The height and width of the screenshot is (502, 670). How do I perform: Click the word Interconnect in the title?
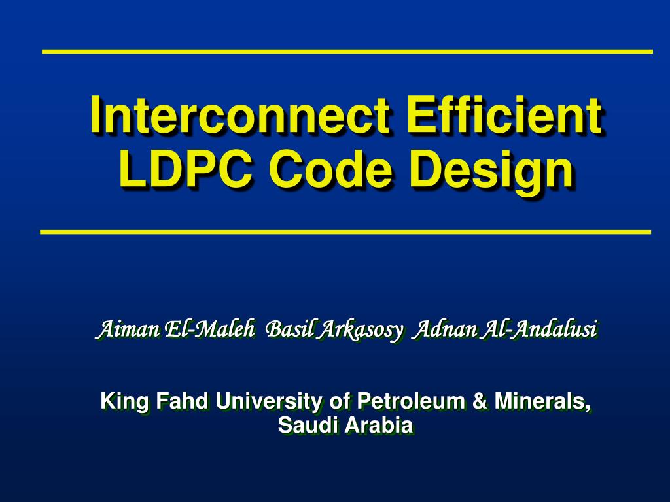tap(240, 116)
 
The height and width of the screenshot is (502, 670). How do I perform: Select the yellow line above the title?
tap(347, 51)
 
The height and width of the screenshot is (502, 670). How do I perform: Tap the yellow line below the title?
tap(345, 231)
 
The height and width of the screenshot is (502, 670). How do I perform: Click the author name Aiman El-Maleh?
tap(175, 329)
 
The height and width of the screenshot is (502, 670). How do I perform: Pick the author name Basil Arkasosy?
tap(336, 329)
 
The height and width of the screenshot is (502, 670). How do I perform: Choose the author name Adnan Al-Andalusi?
tap(506, 329)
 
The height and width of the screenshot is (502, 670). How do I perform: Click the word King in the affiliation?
tap(117, 401)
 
